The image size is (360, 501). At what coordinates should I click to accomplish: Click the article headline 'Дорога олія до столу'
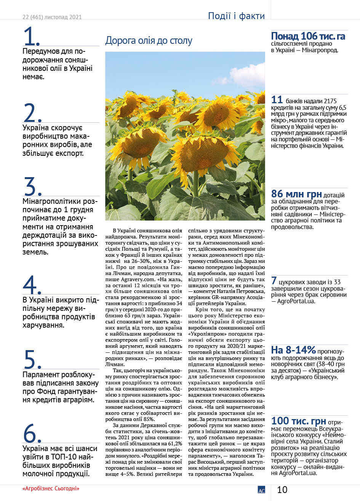[149, 41]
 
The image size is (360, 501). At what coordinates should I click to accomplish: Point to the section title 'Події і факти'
[236, 16]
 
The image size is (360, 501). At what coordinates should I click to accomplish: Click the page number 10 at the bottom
[282, 490]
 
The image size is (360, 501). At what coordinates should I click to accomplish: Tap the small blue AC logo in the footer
[261, 490]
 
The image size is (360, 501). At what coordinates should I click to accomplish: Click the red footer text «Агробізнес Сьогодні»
[51, 488]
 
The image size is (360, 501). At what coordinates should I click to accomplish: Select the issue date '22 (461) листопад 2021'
[52, 17]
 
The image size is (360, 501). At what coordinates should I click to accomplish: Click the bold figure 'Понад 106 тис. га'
[308, 36]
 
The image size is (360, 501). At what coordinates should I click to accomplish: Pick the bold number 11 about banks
[277, 100]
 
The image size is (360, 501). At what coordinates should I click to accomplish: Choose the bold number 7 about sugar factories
[274, 281]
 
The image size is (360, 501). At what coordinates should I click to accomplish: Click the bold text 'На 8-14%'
[293, 350]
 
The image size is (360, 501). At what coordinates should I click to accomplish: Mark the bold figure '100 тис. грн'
[298, 421]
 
